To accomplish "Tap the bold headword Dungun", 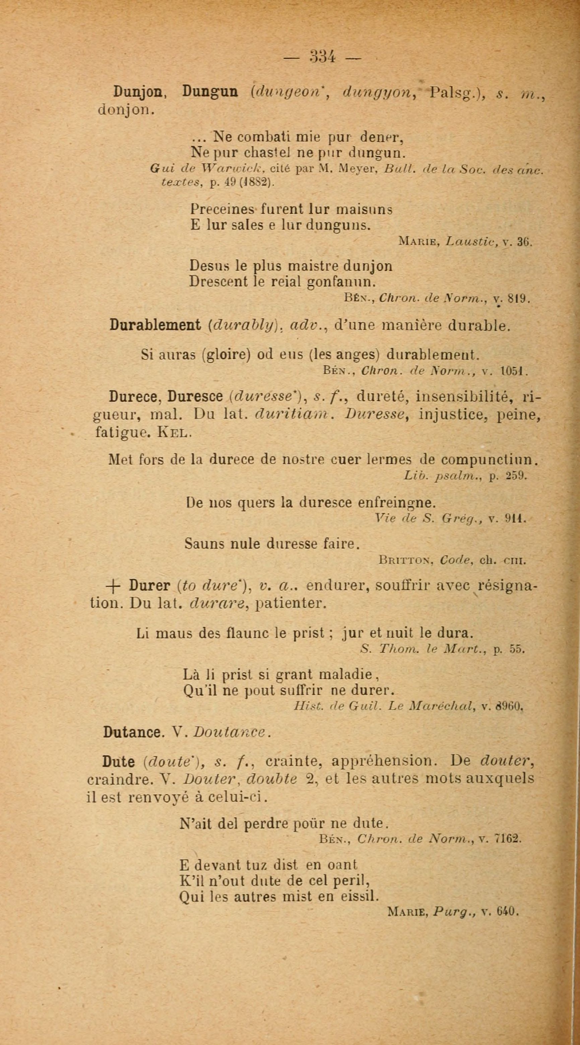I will point(210,92).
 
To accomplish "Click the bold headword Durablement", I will point(155,325).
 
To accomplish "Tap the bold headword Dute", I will point(118,762).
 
